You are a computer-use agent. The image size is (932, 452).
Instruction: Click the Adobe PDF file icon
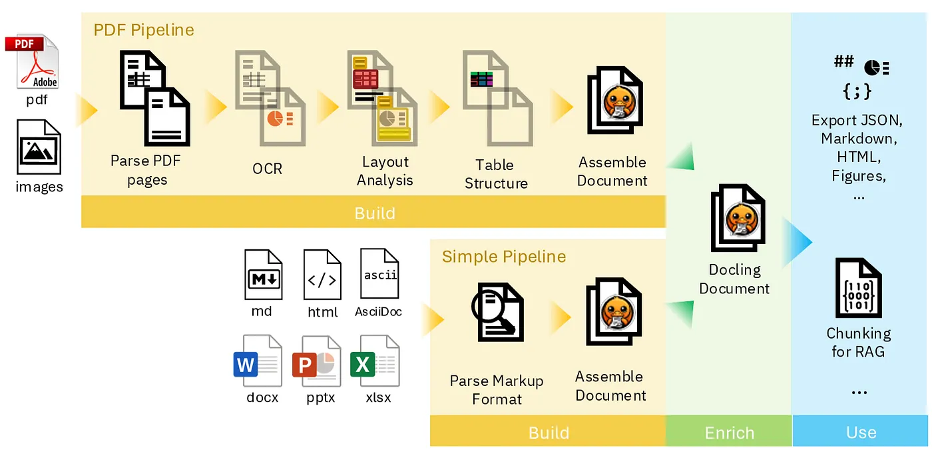tap(35, 63)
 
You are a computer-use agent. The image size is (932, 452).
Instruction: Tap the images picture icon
tap(39, 147)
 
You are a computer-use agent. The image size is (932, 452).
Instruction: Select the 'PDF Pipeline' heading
tap(143, 30)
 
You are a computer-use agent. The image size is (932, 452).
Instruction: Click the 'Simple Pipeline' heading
tap(503, 257)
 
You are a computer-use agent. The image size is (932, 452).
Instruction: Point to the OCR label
tap(267, 169)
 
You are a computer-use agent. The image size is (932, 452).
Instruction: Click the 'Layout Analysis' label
tap(385, 171)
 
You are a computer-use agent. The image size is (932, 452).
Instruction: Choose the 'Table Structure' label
tap(496, 174)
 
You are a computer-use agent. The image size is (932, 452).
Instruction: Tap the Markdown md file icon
tap(263, 275)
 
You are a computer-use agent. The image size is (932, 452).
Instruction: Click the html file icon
tap(322, 275)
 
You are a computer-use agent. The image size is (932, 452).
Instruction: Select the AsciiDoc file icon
tap(379, 273)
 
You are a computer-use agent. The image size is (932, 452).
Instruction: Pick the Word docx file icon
tap(257, 361)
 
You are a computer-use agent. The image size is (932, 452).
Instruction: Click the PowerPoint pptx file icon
tap(316, 361)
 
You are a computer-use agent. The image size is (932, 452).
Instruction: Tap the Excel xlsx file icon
tap(375, 361)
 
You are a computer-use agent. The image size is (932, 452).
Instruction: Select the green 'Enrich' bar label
tap(729, 433)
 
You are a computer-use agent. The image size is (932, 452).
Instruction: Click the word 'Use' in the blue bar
tap(861, 433)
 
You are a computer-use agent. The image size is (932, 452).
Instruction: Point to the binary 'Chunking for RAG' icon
tap(858, 289)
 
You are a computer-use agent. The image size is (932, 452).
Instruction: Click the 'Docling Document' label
tap(734, 279)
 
